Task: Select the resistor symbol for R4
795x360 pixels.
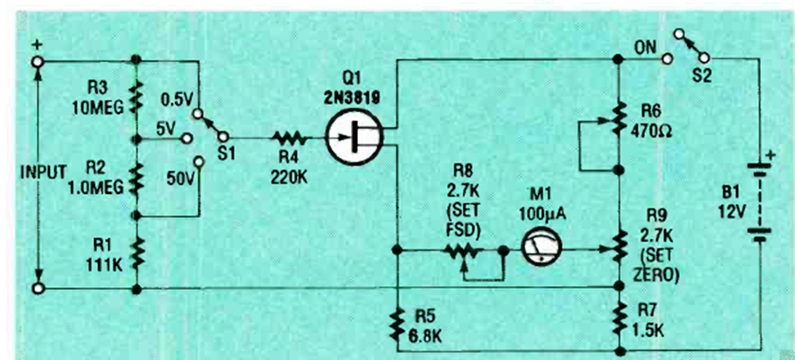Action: point(291,138)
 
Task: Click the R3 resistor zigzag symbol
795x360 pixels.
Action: point(135,99)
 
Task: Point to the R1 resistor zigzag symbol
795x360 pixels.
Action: point(135,253)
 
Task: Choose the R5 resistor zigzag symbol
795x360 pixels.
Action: point(397,326)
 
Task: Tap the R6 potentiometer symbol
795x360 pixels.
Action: point(618,118)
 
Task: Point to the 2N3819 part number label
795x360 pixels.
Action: point(357,90)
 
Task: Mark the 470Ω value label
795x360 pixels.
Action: point(660,127)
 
